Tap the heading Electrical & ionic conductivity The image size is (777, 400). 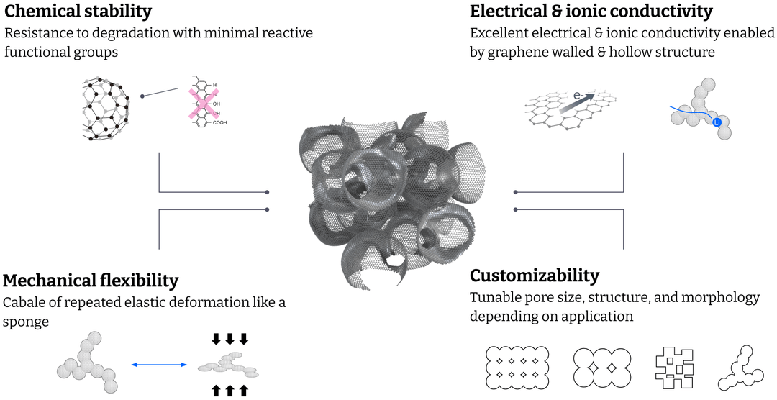coord(591,12)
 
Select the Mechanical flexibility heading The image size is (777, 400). coord(91,280)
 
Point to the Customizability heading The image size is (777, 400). coord(534,276)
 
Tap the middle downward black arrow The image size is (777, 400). coord(231,338)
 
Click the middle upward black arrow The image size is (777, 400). coord(231,391)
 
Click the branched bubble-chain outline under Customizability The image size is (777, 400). coord(741,368)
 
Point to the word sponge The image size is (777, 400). coord(26,322)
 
